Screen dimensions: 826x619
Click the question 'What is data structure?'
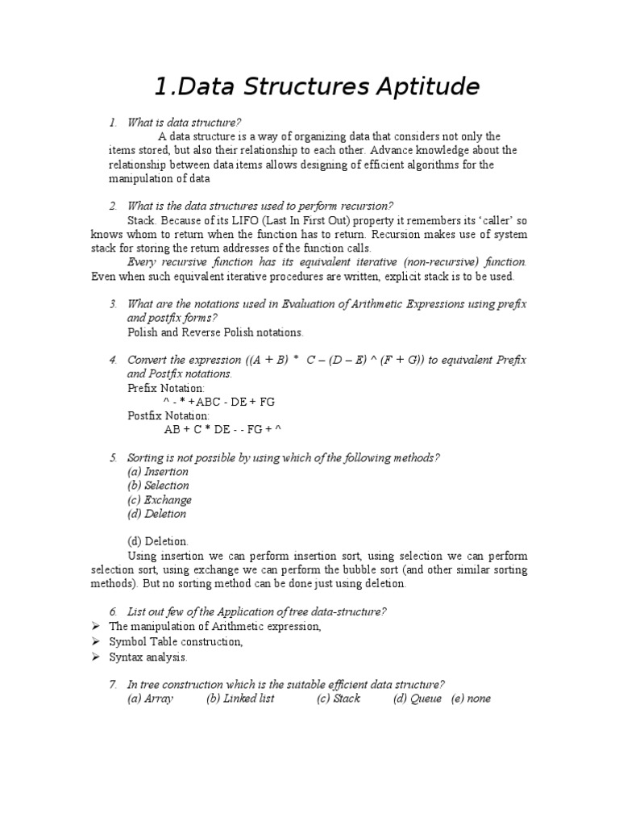point(184,122)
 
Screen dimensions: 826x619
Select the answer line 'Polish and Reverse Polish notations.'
point(216,332)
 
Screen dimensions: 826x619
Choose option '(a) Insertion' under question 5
point(158,471)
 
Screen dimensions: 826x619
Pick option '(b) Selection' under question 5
point(158,486)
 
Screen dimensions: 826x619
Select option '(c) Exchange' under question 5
point(160,499)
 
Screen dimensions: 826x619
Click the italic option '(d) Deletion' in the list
point(157,513)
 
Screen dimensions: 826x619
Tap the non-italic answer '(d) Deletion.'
point(158,541)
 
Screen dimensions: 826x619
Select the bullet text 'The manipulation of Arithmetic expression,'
point(215,627)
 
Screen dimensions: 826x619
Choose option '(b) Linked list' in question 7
point(240,699)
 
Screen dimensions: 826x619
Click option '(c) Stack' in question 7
point(339,699)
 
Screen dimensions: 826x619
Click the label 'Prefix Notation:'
point(166,387)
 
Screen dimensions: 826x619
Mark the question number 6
point(113,612)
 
